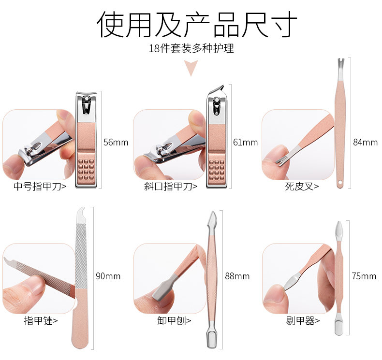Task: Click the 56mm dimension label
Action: pos(116,142)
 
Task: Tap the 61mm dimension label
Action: pos(246,142)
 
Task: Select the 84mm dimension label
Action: pos(365,142)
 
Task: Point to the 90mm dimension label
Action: pos(108,276)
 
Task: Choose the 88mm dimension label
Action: pos(237,276)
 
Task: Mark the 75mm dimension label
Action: pos(364,276)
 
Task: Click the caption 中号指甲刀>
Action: pos(40,186)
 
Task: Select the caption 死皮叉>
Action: pos(302,186)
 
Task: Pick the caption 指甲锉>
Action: pos(41,320)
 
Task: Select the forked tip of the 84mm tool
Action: pos(340,64)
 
